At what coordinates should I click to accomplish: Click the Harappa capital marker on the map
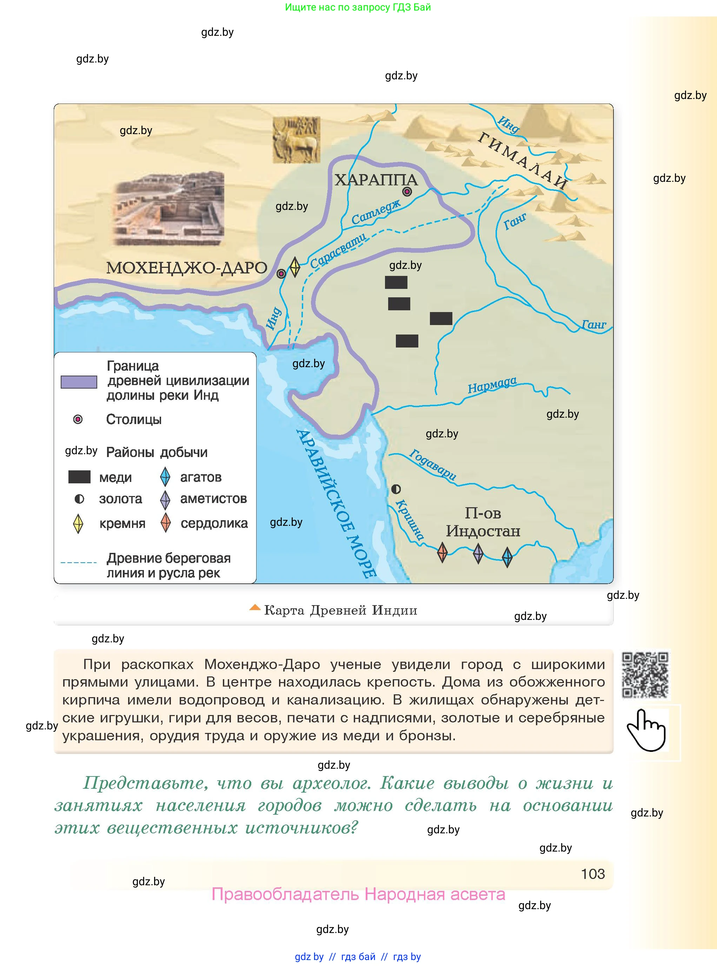click(407, 191)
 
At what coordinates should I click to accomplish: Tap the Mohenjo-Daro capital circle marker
click(281, 273)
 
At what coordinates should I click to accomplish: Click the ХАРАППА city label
click(376, 180)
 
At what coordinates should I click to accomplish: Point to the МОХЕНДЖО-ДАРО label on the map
click(187, 268)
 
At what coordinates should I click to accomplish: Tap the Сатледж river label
click(376, 212)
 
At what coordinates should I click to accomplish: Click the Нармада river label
click(492, 385)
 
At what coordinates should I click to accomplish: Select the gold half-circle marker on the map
click(396, 489)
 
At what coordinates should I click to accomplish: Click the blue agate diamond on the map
click(507, 557)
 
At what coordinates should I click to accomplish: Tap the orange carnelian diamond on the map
click(442, 552)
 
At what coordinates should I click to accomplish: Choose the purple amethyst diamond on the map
click(478, 554)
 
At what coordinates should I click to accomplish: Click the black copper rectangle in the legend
click(79, 477)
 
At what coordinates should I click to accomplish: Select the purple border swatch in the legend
click(79, 382)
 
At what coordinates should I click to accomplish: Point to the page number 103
click(592, 874)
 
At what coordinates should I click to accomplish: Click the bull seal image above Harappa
click(297, 140)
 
